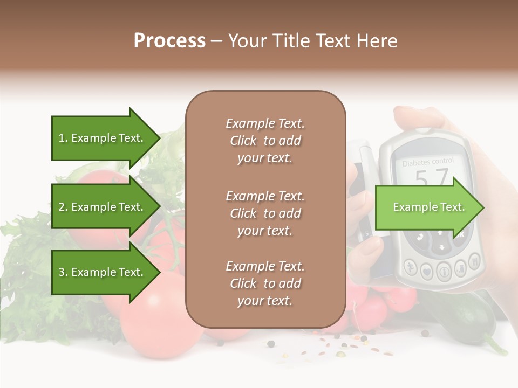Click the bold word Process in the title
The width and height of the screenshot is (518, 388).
(x=169, y=41)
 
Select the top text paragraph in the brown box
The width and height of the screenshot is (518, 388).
(x=265, y=141)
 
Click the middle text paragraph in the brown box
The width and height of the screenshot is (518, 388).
(x=265, y=213)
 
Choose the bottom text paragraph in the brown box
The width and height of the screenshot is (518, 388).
(x=265, y=283)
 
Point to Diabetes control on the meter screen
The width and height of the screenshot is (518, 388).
(x=428, y=161)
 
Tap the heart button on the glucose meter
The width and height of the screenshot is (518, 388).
(x=427, y=272)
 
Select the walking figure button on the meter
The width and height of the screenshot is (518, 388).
(x=411, y=267)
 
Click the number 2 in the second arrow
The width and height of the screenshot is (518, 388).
(x=61, y=207)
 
